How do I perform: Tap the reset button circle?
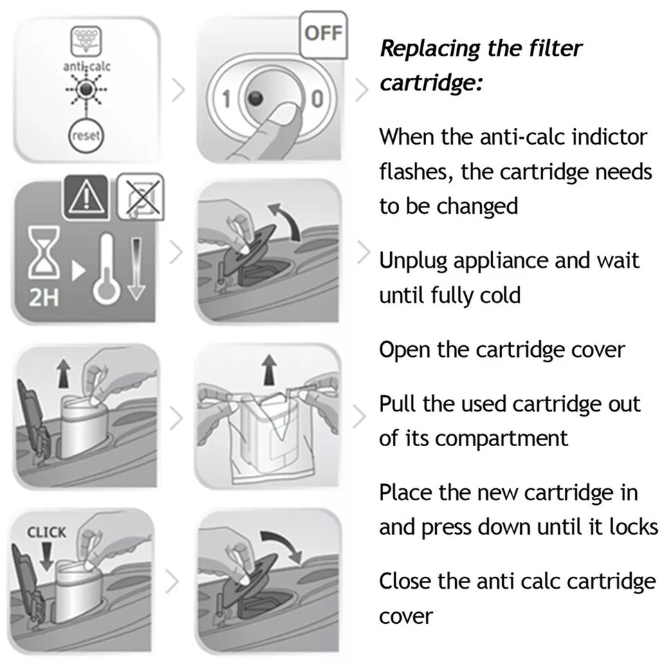pyautogui.click(x=86, y=136)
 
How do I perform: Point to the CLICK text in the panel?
pyautogui.click(x=46, y=533)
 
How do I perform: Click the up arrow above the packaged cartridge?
pyautogui.click(x=267, y=371)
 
